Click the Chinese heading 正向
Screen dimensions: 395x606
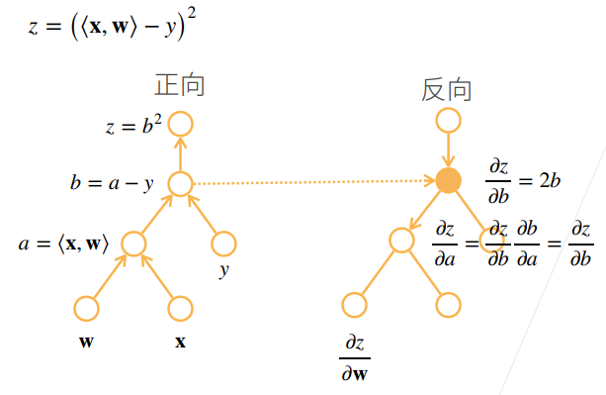point(179,85)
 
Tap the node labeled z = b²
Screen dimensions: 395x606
point(180,124)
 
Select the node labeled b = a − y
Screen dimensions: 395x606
point(180,183)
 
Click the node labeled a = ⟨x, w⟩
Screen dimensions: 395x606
point(133,243)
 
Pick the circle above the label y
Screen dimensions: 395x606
point(224,243)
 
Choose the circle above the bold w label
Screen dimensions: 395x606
point(87,308)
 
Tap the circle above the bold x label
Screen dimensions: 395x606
point(179,308)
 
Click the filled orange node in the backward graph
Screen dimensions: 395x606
point(448,180)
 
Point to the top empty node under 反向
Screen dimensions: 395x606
point(448,120)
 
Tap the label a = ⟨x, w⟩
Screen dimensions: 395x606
point(63,244)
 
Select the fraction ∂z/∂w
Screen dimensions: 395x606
point(354,357)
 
